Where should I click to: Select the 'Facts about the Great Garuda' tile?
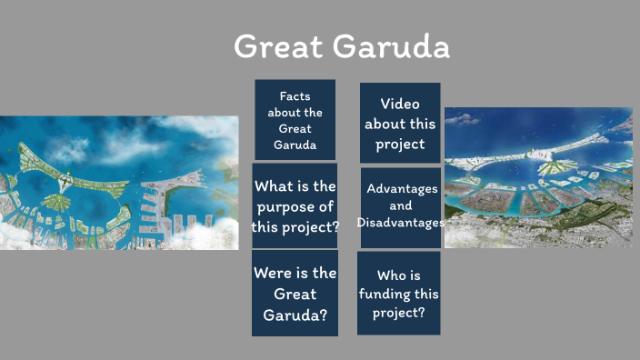[295, 120]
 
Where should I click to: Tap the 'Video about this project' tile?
[400, 124]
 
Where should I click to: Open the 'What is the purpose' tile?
[295, 206]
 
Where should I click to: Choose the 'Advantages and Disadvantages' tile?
[401, 206]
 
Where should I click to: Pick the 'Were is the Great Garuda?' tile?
[295, 294]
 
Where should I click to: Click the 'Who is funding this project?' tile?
[398, 294]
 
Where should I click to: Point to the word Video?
[400, 104]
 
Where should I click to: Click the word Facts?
[295, 96]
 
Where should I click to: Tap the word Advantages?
[402, 189]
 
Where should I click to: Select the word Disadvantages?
[401, 223]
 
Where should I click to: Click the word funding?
[398, 294]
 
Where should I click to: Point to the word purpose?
[295, 207]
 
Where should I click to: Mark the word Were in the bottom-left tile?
[275, 273]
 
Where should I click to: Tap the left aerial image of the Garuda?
[119, 182]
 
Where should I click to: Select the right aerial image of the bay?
[537, 177]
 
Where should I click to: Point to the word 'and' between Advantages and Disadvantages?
[401, 206]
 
